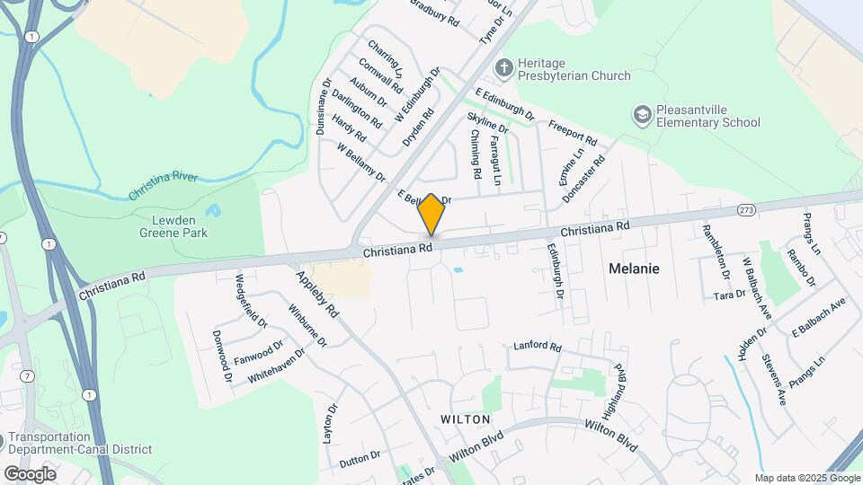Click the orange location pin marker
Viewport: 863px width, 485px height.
[x=431, y=214]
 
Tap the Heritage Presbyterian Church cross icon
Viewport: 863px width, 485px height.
[x=504, y=67]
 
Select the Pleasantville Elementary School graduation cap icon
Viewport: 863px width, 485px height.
[x=641, y=114]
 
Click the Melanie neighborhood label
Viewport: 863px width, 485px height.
[x=634, y=268]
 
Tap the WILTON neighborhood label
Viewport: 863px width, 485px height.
[x=465, y=419]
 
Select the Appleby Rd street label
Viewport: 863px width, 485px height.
[x=318, y=295]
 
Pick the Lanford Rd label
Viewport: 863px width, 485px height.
[x=537, y=346]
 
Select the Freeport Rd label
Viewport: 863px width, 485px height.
[x=572, y=133]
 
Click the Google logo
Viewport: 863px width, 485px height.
[x=30, y=473]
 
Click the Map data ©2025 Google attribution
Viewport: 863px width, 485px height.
[x=806, y=478]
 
